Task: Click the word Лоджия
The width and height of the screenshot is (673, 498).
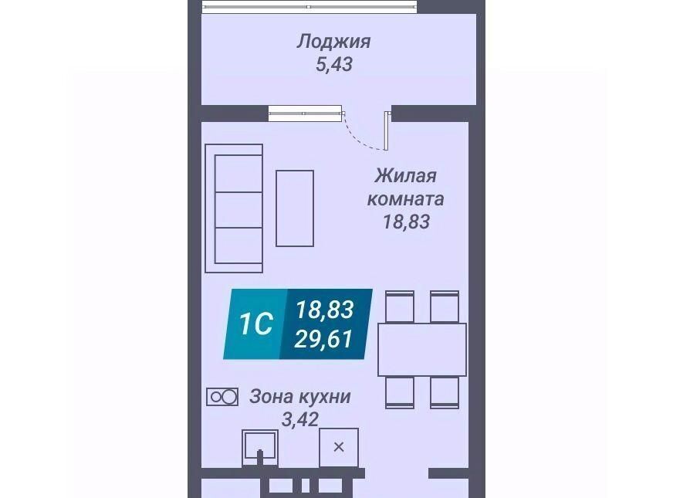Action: coord(334,42)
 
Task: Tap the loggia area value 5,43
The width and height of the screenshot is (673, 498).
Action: coord(334,64)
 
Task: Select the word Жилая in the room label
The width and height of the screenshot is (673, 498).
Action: coord(406,175)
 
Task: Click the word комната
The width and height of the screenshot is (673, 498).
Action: coord(406,199)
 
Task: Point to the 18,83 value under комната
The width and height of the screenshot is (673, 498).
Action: coord(406,222)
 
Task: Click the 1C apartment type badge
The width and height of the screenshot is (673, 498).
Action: coord(255,324)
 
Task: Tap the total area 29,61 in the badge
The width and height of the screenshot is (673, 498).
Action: coord(324,339)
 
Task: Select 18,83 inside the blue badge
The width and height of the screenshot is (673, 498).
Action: coord(325,309)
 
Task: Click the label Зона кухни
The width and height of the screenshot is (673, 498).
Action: coord(300,397)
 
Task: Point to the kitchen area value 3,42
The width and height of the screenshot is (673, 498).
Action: coord(300,419)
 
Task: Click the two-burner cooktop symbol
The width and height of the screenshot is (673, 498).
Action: coord(222,397)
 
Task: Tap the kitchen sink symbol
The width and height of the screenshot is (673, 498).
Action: coord(259,448)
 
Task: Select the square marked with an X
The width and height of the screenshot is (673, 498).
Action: coord(339,447)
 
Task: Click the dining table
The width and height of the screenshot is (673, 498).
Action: coord(422,350)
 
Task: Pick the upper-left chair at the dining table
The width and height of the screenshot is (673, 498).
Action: coord(400,307)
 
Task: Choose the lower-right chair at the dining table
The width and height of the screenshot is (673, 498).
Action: coord(445,392)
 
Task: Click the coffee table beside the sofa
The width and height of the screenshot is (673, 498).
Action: coord(295,208)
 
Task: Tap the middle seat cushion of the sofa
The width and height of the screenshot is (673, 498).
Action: coord(238,210)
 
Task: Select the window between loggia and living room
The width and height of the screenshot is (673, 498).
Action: coord(305,113)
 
